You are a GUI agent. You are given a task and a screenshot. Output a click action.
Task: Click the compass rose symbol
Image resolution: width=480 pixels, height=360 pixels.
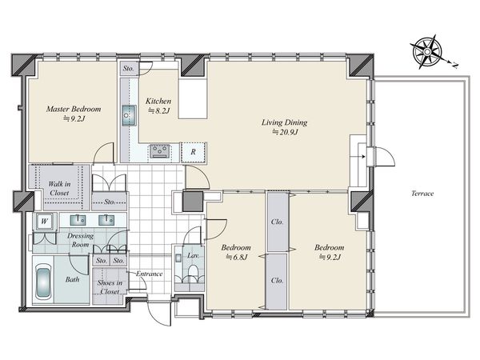click(427, 52)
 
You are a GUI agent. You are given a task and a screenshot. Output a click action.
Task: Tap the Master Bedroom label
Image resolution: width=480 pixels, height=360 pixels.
click(74, 109)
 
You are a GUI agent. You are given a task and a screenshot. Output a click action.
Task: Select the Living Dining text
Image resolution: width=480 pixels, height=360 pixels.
click(284, 122)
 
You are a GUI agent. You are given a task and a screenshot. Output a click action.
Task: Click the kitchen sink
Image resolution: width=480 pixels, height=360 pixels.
click(130, 116)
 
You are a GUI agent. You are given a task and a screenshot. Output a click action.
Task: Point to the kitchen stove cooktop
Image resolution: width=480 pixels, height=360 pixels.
click(160, 151)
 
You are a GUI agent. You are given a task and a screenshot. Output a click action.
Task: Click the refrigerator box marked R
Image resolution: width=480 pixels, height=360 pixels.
click(193, 152)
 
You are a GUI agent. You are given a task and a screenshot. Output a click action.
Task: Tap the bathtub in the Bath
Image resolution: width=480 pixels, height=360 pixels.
click(43, 283)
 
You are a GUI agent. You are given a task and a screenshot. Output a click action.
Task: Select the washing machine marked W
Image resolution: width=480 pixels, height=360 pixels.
click(45, 221)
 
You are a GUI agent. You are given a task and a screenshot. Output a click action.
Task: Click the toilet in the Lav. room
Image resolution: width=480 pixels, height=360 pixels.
click(193, 271)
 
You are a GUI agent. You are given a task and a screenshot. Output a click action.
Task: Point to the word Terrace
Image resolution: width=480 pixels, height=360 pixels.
click(422, 194)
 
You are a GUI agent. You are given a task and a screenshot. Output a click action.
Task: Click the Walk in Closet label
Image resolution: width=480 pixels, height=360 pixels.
click(59, 188)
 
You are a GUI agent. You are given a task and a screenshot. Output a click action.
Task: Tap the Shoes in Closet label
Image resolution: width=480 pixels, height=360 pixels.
click(110, 287)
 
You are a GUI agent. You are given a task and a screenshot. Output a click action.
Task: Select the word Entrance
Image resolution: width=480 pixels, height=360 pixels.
click(149, 274)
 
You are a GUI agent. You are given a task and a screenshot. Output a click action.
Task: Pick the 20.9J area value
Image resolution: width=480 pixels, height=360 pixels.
click(285, 132)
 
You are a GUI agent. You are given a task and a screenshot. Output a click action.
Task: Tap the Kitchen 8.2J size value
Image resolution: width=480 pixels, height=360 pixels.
click(158, 111)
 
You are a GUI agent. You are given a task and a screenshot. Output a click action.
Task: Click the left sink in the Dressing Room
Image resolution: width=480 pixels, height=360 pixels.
click(78, 220)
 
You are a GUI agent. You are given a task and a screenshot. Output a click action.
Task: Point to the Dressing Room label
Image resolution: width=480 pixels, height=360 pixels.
click(80, 240)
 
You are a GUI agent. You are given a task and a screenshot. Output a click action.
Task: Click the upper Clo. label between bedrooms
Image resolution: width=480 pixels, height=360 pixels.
click(277, 222)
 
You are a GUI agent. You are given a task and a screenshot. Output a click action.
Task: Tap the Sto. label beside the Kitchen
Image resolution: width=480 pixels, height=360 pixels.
click(129, 69)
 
